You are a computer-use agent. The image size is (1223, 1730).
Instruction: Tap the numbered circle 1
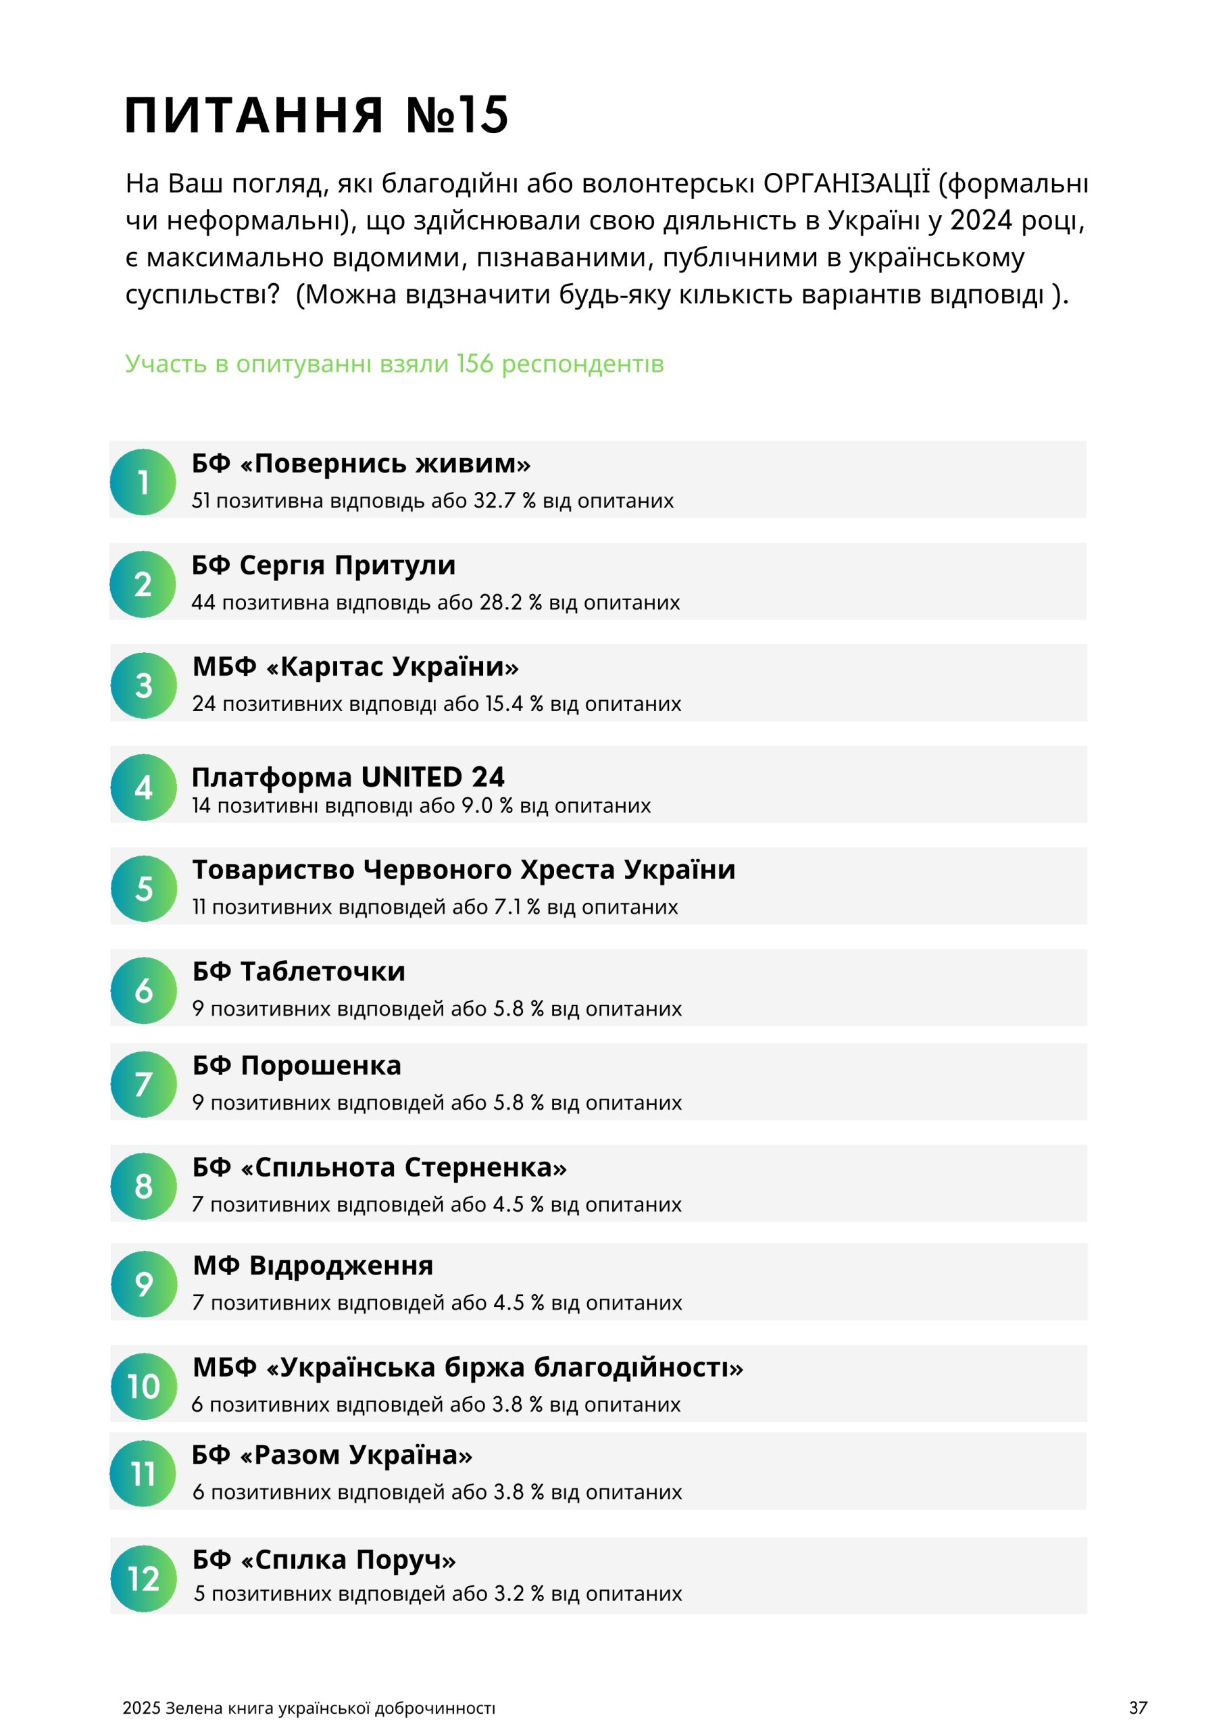[143, 483]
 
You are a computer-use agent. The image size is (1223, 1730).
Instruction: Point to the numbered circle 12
[143, 1579]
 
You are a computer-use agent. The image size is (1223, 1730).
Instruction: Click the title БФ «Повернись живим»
[361, 464]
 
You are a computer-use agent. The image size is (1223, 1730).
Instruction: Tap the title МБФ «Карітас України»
[355, 667]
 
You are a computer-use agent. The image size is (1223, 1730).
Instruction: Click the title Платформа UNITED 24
[348, 777]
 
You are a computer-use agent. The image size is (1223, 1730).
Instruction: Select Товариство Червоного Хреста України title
[464, 870]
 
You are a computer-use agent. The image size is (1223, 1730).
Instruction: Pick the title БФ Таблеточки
[299, 971]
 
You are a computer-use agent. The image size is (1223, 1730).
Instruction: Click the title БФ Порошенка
[297, 1066]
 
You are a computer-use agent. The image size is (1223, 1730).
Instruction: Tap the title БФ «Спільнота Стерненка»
[379, 1167]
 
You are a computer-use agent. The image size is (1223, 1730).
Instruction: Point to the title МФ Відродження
[313, 1265]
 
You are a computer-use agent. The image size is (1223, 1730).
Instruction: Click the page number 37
[1138, 1708]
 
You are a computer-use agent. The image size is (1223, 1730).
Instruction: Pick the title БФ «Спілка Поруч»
[324, 1559]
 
